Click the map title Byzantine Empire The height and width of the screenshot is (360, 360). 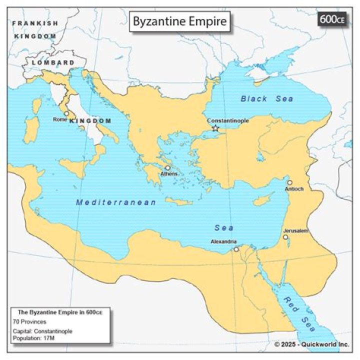point(179,22)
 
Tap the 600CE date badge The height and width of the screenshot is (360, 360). point(332,20)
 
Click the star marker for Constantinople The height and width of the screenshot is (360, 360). point(215,128)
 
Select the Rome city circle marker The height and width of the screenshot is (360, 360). point(66,113)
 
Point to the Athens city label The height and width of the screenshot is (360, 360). point(167,174)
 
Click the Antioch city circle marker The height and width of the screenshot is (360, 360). point(289,182)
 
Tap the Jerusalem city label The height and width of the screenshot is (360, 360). point(295,230)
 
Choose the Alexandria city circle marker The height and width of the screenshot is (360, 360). point(236,248)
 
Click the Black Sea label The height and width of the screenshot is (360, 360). point(266,98)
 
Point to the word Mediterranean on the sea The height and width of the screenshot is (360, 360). point(116,202)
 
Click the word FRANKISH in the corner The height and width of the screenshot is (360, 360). point(35,23)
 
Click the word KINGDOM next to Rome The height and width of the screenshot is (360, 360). point(90,121)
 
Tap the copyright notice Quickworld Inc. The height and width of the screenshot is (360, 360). point(312,344)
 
